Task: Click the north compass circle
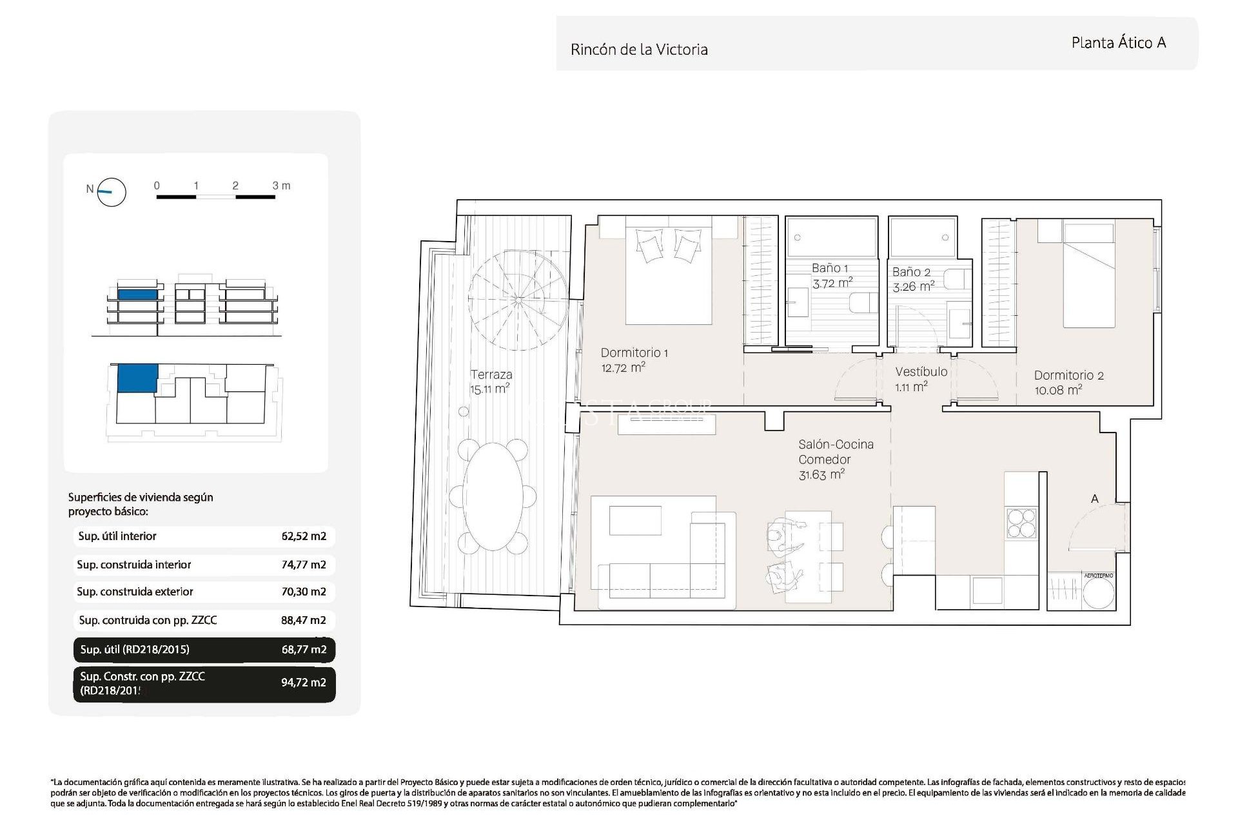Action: pyautogui.click(x=111, y=191)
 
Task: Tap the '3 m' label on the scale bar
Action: pyautogui.click(x=281, y=186)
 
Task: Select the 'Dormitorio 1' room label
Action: pyautogui.click(x=634, y=353)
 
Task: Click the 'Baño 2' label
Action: pyautogui.click(x=910, y=272)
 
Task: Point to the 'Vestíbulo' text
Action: pyautogui.click(x=921, y=372)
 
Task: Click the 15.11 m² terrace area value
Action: pyautogui.click(x=489, y=389)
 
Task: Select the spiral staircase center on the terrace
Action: pyautogui.click(x=518, y=300)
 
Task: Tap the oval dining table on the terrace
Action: pyautogui.click(x=493, y=496)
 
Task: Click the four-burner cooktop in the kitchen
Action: pyautogui.click(x=1021, y=523)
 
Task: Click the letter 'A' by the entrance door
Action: pyautogui.click(x=1094, y=498)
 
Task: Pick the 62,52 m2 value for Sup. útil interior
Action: pyautogui.click(x=304, y=536)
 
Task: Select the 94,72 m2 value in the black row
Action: pyautogui.click(x=303, y=683)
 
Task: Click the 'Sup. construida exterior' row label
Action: pyautogui.click(x=135, y=592)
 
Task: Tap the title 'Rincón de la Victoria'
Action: pyautogui.click(x=638, y=50)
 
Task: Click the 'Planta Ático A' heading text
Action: pyautogui.click(x=1118, y=43)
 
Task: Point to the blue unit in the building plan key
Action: pyautogui.click(x=137, y=377)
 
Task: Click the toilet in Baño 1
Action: pyautogui.click(x=863, y=302)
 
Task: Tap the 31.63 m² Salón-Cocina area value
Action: pyautogui.click(x=821, y=475)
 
